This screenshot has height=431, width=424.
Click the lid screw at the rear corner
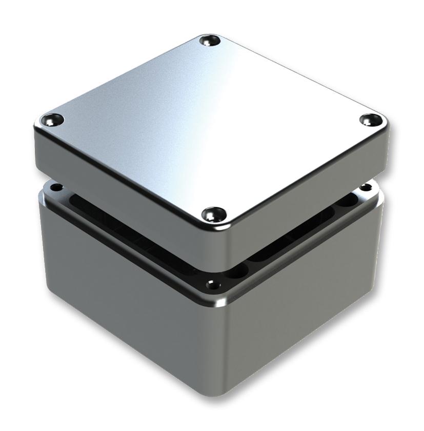click(209, 40)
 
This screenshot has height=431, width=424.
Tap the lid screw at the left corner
click(52, 120)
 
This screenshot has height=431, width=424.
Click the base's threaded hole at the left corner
click(57, 187)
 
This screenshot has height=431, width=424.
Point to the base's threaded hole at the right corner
click(365, 187)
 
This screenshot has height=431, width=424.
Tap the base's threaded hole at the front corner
click(210, 284)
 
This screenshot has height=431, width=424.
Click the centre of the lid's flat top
click(210, 123)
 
